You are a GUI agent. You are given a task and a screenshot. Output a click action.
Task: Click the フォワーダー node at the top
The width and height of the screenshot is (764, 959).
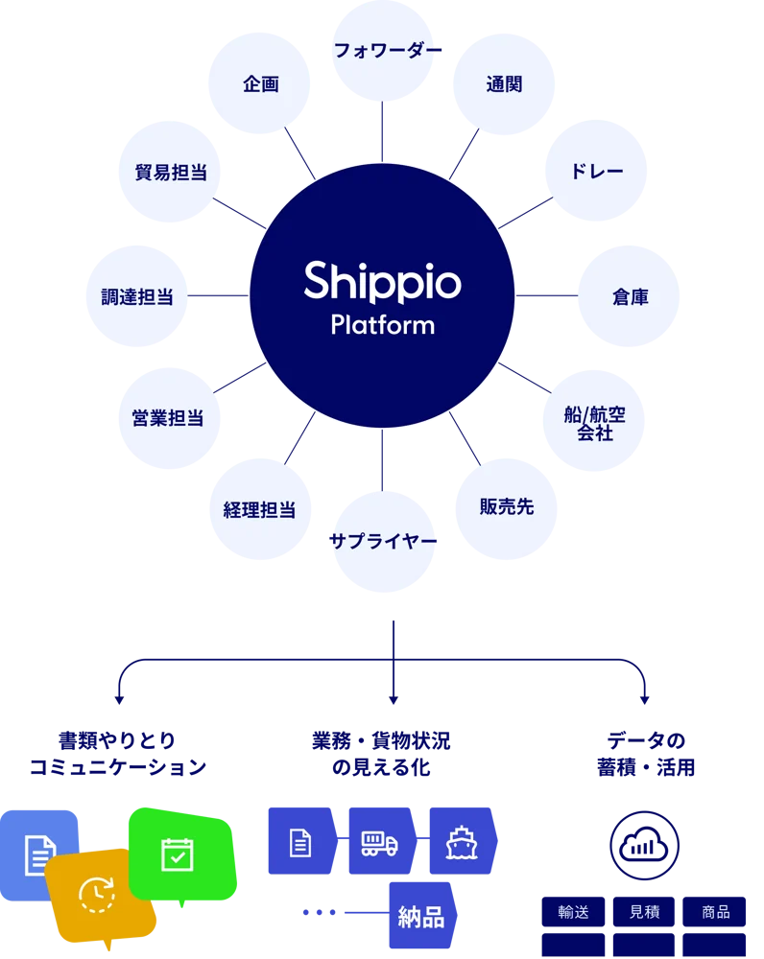pos(383,51)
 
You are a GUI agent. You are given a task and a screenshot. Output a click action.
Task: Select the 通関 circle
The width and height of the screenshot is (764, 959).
pos(505,84)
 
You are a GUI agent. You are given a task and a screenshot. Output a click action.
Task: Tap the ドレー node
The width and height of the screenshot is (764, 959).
pos(598,172)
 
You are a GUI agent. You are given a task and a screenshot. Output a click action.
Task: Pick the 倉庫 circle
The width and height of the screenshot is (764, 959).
pos(630,297)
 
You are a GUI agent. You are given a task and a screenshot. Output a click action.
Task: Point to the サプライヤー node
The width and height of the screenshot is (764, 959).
pos(383,541)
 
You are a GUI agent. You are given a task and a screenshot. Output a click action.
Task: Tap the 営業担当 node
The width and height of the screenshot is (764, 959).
pos(168,418)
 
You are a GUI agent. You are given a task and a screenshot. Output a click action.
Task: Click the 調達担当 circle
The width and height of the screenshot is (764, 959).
pos(137,296)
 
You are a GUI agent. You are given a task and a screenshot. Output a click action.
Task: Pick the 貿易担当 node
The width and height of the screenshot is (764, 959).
pos(170,172)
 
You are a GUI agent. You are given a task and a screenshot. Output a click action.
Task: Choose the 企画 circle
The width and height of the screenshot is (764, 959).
pos(260,84)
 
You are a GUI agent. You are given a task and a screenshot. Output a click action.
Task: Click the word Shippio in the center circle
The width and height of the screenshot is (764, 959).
pos(383,281)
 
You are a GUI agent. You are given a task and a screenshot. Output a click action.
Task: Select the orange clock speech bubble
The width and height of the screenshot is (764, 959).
pos(98,895)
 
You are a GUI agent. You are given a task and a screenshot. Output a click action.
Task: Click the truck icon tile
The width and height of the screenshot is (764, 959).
pos(381,841)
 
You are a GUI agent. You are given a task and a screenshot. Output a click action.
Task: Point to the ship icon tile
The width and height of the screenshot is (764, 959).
pos(462,841)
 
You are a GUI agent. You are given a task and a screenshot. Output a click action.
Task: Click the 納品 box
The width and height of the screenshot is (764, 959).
pos(421,917)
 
